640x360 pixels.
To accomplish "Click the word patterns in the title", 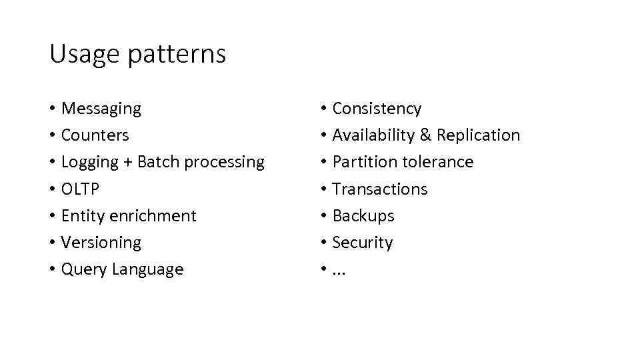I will click(x=177, y=55).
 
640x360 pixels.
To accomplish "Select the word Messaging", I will click(x=101, y=109).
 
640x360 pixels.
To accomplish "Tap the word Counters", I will click(x=95, y=135).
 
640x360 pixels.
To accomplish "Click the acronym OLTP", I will click(x=80, y=189).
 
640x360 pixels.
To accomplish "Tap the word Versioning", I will click(x=101, y=243).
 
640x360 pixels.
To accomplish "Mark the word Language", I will click(x=147, y=270).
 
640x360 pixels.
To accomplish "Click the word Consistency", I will click(x=377, y=109).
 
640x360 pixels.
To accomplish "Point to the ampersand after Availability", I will click(x=426, y=135).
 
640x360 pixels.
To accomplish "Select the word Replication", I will click(x=479, y=135).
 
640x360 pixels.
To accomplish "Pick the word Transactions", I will click(x=379, y=189).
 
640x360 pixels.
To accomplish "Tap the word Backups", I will click(x=363, y=216).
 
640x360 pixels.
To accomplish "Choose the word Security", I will click(x=362, y=243).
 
